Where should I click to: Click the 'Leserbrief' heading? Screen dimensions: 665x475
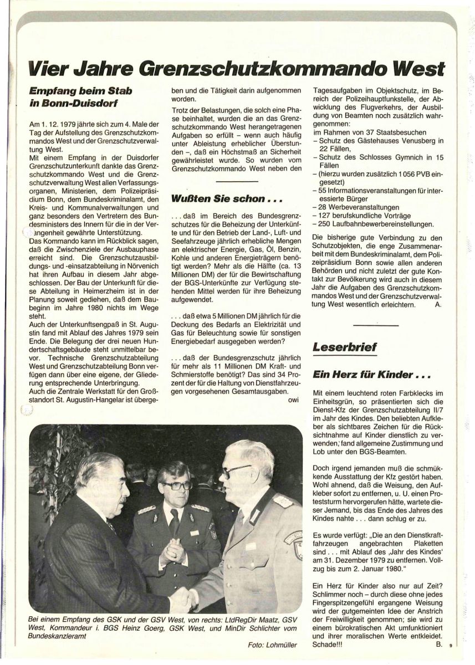click(x=345, y=347)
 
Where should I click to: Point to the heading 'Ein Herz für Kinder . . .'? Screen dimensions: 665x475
click(x=371, y=374)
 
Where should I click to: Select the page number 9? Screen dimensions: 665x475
click(x=451, y=645)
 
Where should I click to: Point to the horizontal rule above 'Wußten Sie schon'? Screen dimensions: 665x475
click(x=237, y=181)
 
